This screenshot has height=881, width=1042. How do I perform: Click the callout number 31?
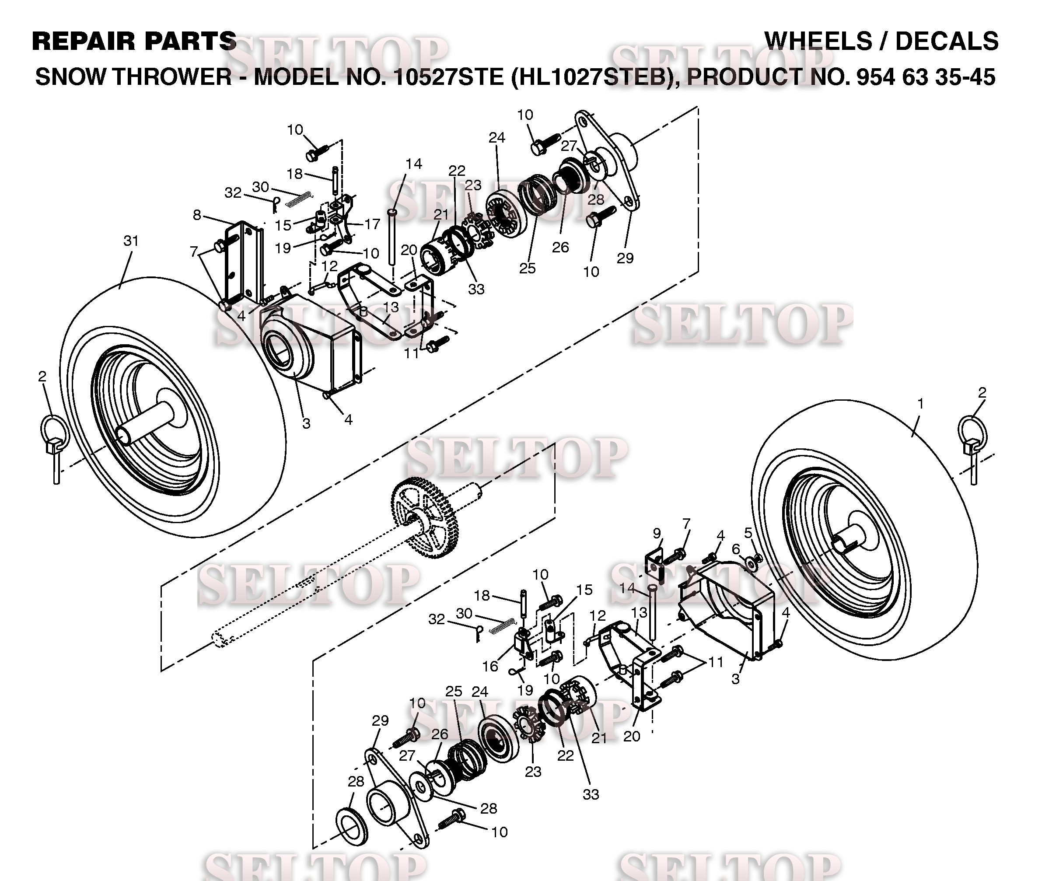pyautogui.click(x=131, y=241)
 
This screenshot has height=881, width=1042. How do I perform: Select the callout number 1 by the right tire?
pyautogui.click(x=920, y=404)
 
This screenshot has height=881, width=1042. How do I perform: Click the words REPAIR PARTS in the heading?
pyautogui.click(x=134, y=41)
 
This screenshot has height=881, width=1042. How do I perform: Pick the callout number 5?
pyautogui.click(x=748, y=533)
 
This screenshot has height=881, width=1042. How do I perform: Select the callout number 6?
pyautogui.click(x=736, y=549)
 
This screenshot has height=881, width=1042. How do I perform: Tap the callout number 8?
pyautogui.click(x=197, y=215)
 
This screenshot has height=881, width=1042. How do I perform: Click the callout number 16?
pyautogui.click(x=490, y=666)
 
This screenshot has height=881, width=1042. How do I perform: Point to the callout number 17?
pyautogui.click(x=372, y=224)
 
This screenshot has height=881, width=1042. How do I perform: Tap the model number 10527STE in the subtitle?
pyautogui.click(x=448, y=77)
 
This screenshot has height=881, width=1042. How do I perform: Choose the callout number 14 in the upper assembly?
pyautogui.click(x=413, y=164)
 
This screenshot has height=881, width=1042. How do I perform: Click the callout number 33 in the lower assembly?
pyautogui.click(x=591, y=794)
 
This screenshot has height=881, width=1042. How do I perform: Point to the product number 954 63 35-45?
pyautogui.click(x=926, y=77)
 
